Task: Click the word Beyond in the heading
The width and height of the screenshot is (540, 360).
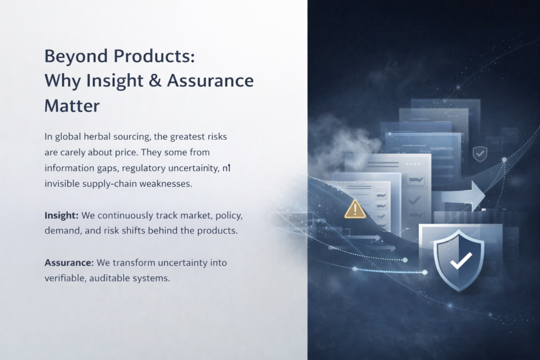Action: point(76,56)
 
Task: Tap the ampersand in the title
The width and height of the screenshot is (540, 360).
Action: point(156,80)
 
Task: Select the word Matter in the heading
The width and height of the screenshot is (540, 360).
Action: point(72,105)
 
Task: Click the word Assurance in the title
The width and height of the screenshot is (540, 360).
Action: point(210,81)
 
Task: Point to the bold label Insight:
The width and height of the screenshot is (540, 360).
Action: point(62,216)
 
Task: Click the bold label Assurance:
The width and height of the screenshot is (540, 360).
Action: point(69,263)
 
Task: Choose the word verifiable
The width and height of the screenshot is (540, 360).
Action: point(65,278)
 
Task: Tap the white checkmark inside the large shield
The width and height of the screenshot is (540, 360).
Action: point(461,261)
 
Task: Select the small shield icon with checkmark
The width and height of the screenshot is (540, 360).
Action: point(480,153)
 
